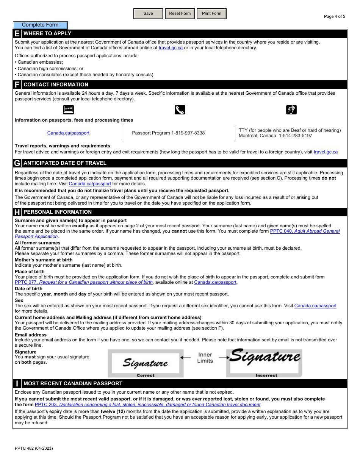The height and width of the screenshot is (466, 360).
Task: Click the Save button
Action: [x=148, y=14]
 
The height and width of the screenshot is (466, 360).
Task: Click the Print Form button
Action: [x=211, y=14]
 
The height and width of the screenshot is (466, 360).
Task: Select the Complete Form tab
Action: [x=40, y=25]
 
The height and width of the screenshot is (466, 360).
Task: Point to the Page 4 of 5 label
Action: [x=334, y=16]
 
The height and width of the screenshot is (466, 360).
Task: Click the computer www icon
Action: [x=68, y=110]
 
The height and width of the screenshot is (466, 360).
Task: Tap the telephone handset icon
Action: [x=180, y=110]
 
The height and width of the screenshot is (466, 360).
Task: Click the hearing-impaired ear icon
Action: [x=291, y=110]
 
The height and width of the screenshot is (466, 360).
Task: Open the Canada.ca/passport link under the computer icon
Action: [x=68, y=133]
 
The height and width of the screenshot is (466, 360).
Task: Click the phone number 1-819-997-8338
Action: [x=188, y=133]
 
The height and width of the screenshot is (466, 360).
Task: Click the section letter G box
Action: [x=17, y=163]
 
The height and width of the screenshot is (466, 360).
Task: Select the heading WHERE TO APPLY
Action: [x=47, y=33]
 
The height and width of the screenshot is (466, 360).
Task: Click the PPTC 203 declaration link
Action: [x=148, y=405]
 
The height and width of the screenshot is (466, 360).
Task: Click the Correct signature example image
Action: [x=146, y=363]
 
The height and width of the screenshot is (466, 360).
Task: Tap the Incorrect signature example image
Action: [x=265, y=363]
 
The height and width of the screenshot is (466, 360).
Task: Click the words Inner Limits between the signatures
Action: [x=205, y=358]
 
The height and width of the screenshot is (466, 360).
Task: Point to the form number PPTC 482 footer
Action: [x=34, y=448]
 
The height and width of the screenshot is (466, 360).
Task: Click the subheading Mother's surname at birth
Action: [x=44, y=260]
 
